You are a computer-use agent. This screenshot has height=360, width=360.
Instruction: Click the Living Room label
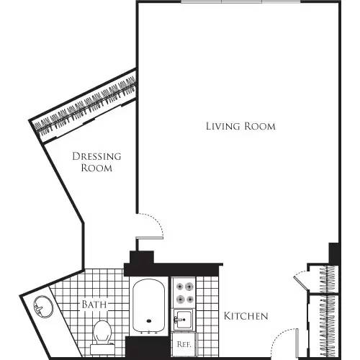(x=240, y=126)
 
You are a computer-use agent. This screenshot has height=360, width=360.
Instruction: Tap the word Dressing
(x=96, y=156)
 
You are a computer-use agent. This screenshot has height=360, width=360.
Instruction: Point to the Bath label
(x=94, y=305)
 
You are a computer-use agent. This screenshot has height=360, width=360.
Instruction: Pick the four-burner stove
(x=183, y=292)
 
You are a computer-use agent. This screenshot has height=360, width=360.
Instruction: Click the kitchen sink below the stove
(x=183, y=318)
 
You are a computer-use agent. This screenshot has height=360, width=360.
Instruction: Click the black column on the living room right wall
(x=333, y=253)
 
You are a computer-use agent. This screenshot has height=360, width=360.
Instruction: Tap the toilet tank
(x=102, y=350)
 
